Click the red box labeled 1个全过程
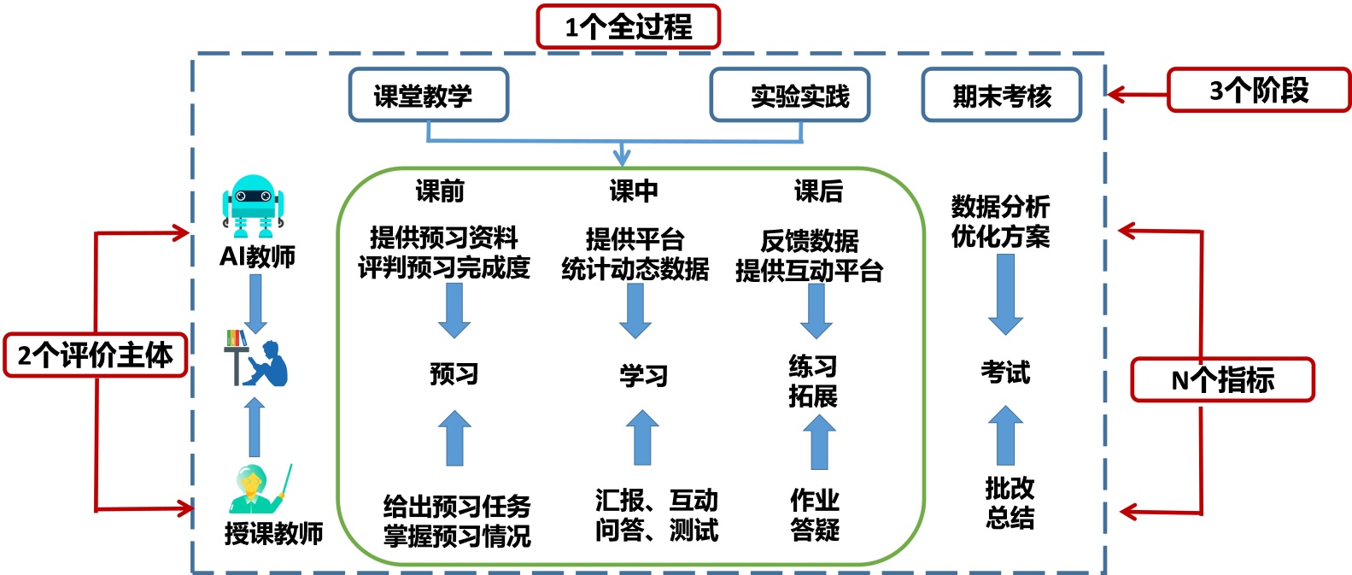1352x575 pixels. point(628,27)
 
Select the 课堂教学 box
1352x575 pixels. point(428,95)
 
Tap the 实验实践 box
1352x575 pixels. point(790,95)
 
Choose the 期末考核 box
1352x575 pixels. point(1001,96)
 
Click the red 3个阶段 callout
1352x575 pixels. point(1258,90)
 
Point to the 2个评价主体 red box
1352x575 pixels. point(95,355)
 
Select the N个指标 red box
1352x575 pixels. point(1222,379)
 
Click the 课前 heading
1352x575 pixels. point(440,191)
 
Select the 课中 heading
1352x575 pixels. point(633,191)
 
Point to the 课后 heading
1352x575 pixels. point(818,191)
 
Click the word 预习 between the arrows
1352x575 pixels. point(454,374)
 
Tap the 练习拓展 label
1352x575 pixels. point(813,381)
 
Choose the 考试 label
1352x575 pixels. point(1005,373)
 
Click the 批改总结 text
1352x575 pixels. point(1010,502)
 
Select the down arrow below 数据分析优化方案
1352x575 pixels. point(1005,293)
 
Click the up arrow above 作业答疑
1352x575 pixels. point(819,441)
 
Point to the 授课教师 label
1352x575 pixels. point(273,534)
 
